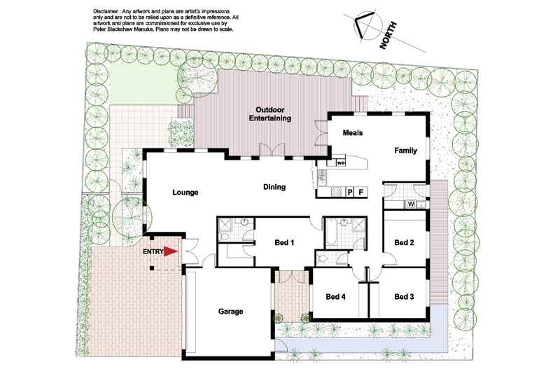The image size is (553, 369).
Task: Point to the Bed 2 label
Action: coord(405,242)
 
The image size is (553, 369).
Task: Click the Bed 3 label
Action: coord(405,297)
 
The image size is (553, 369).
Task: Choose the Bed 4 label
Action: coord(336,297)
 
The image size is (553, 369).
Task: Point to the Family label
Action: coord(406,151)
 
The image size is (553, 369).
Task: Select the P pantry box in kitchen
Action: coord(349,191)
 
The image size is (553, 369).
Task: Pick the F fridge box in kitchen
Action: coord(360,191)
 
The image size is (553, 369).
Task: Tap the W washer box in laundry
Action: coord(411,204)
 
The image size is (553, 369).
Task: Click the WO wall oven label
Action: coord(341,163)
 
